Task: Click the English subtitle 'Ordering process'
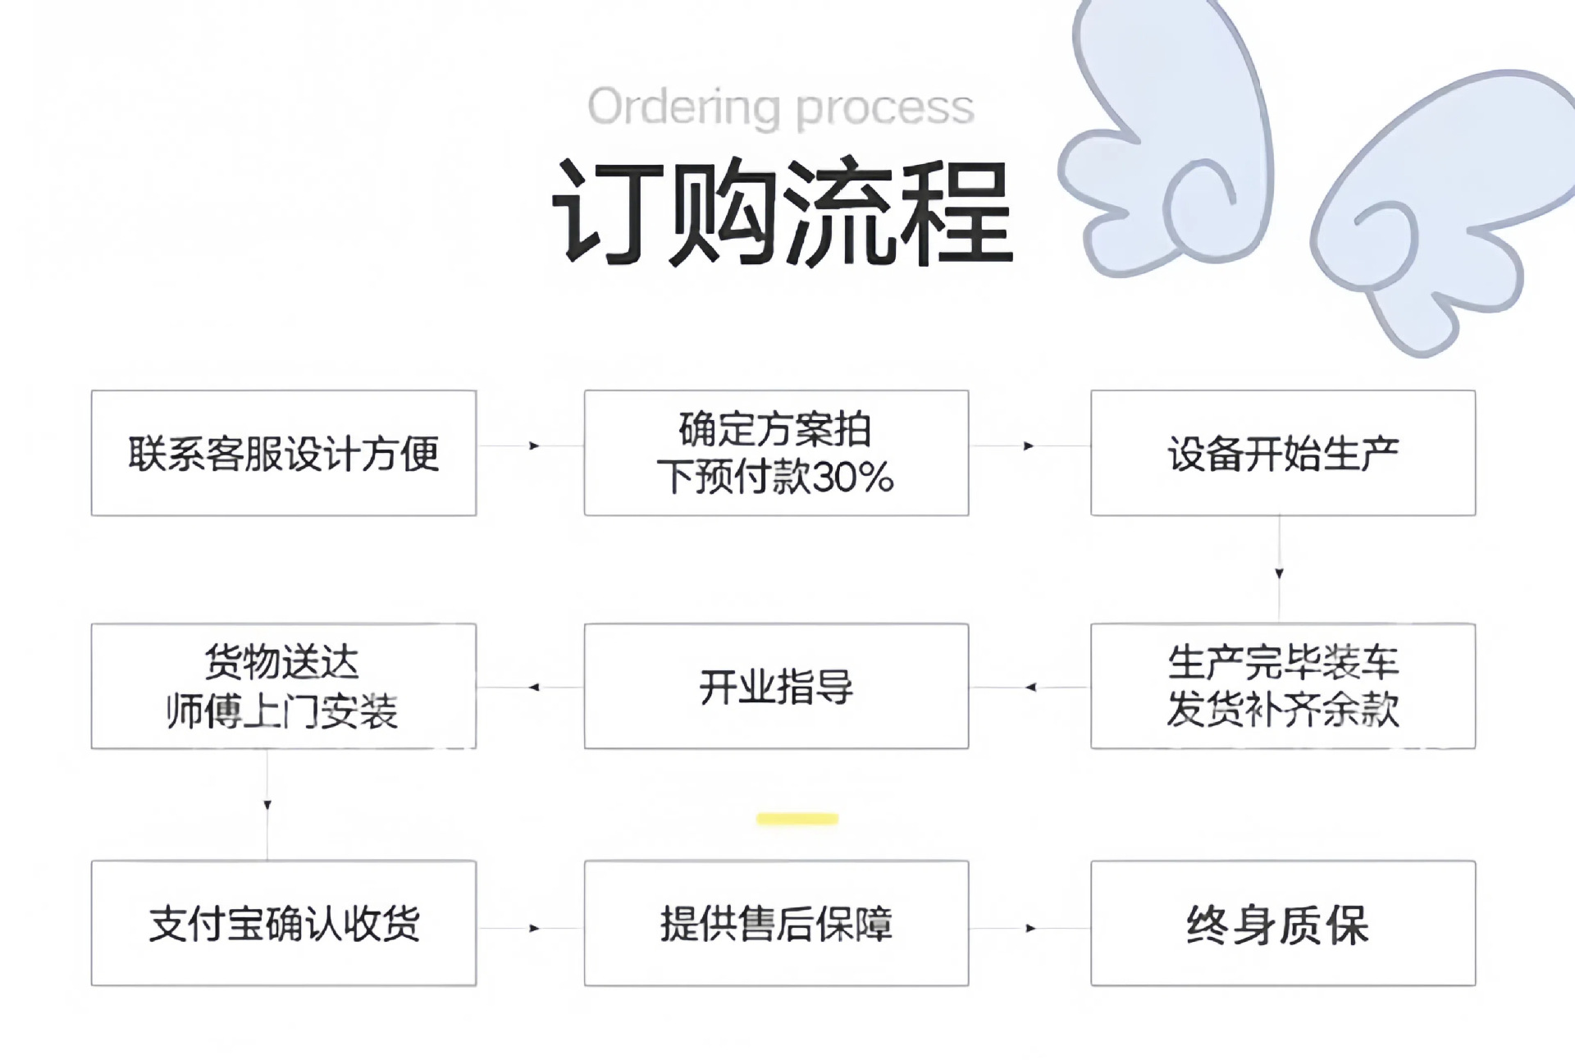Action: coord(780,107)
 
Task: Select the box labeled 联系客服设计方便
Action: coord(283,453)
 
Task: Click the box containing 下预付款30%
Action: coord(776,453)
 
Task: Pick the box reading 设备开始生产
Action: coord(1282,453)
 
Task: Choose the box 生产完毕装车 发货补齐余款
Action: coord(1282,686)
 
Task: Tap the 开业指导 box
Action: coord(776,686)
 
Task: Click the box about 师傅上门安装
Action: coord(283,686)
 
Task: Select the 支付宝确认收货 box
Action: coord(283,923)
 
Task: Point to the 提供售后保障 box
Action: coord(776,923)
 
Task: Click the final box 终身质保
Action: coord(1282,923)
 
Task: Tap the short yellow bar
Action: coord(797,819)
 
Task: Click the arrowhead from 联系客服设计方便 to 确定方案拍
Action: coord(535,445)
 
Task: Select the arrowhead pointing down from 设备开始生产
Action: coord(1279,573)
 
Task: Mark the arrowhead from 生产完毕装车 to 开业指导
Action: coord(1030,687)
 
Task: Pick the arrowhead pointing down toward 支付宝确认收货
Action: coord(267,806)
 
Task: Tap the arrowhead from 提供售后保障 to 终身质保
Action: coord(1030,929)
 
